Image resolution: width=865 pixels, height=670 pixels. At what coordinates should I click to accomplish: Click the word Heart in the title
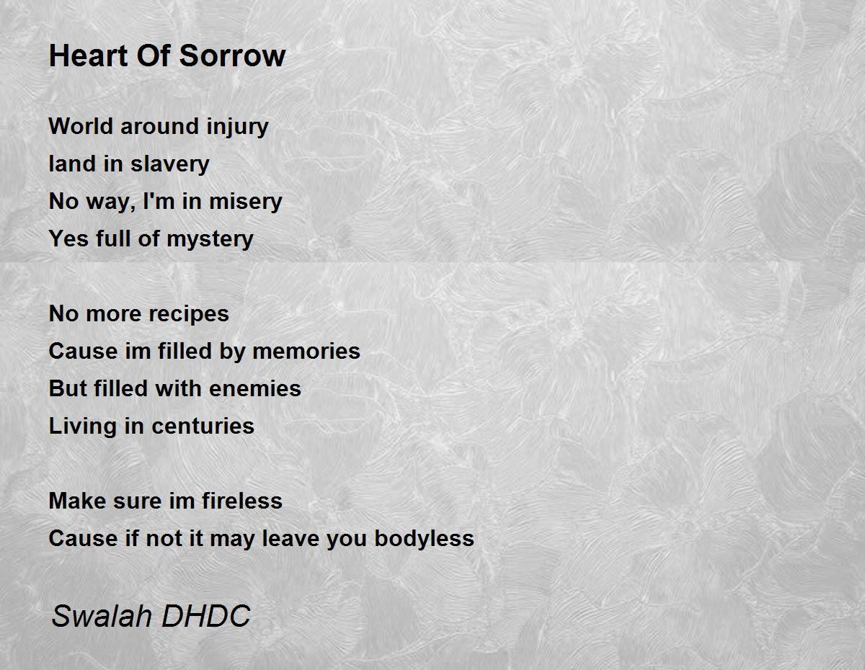[88, 55]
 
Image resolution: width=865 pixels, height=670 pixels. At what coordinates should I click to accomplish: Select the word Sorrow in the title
[232, 55]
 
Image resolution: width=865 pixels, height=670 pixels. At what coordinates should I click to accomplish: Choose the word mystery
[210, 239]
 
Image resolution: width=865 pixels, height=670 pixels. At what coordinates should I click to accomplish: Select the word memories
[306, 352]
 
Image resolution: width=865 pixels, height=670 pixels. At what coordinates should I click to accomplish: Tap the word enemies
[254, 389]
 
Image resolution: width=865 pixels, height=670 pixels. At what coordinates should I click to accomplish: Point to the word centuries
[203, 426]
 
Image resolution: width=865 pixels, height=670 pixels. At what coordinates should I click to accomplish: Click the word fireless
[242, 501]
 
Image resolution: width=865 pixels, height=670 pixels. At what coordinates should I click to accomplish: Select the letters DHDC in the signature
[206, 616]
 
